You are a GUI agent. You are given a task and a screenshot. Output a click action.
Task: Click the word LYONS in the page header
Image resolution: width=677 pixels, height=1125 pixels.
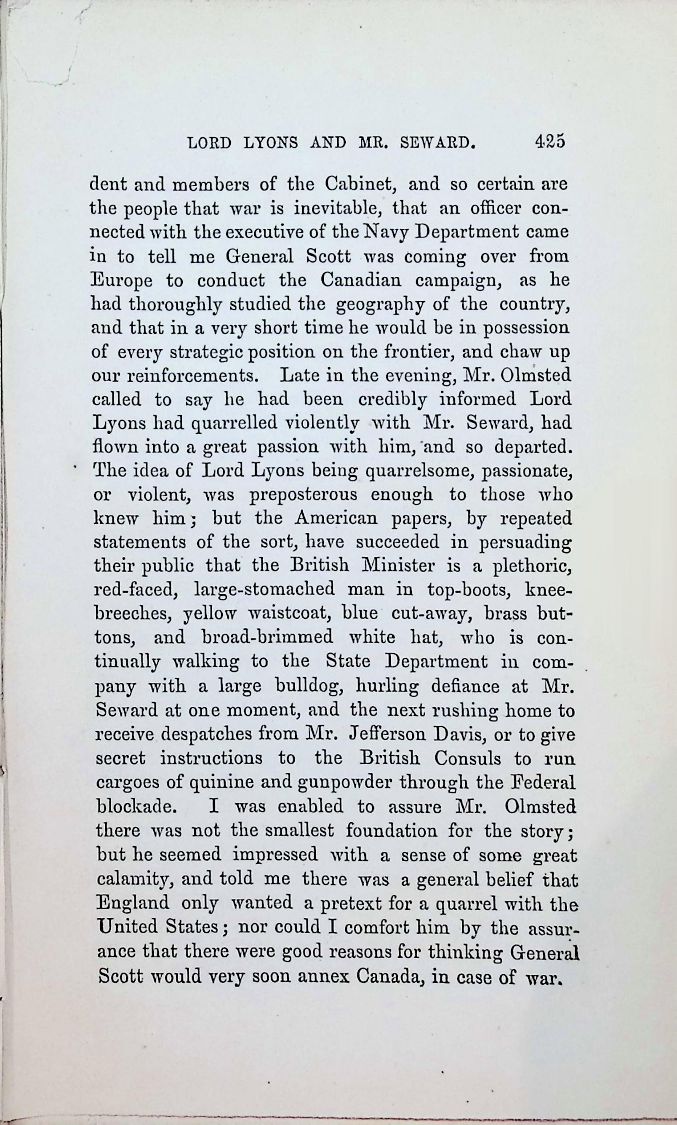click(271, 143)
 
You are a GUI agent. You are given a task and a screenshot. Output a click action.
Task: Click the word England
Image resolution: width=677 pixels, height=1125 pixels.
click(133, 902)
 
